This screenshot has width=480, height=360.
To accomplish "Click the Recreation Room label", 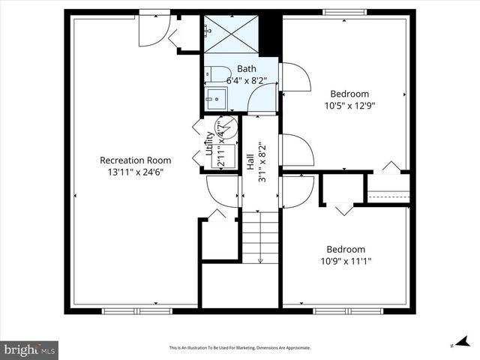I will [x=136, y=160].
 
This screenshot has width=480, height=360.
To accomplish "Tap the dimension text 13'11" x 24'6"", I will [x=136, y=172].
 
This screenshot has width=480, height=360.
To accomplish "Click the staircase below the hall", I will [x=259, y=236].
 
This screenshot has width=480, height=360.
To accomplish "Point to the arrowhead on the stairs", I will [x=260, y=260].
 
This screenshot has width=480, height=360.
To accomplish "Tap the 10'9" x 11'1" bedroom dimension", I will [x=346, y=261].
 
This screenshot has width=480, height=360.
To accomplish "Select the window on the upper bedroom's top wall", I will [x=346, y=11].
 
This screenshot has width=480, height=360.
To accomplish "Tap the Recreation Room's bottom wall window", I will [x=136, y=310].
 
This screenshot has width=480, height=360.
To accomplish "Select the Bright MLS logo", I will [x=30, y=349].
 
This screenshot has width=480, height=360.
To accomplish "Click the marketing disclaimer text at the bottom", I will [x=239, y=348].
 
